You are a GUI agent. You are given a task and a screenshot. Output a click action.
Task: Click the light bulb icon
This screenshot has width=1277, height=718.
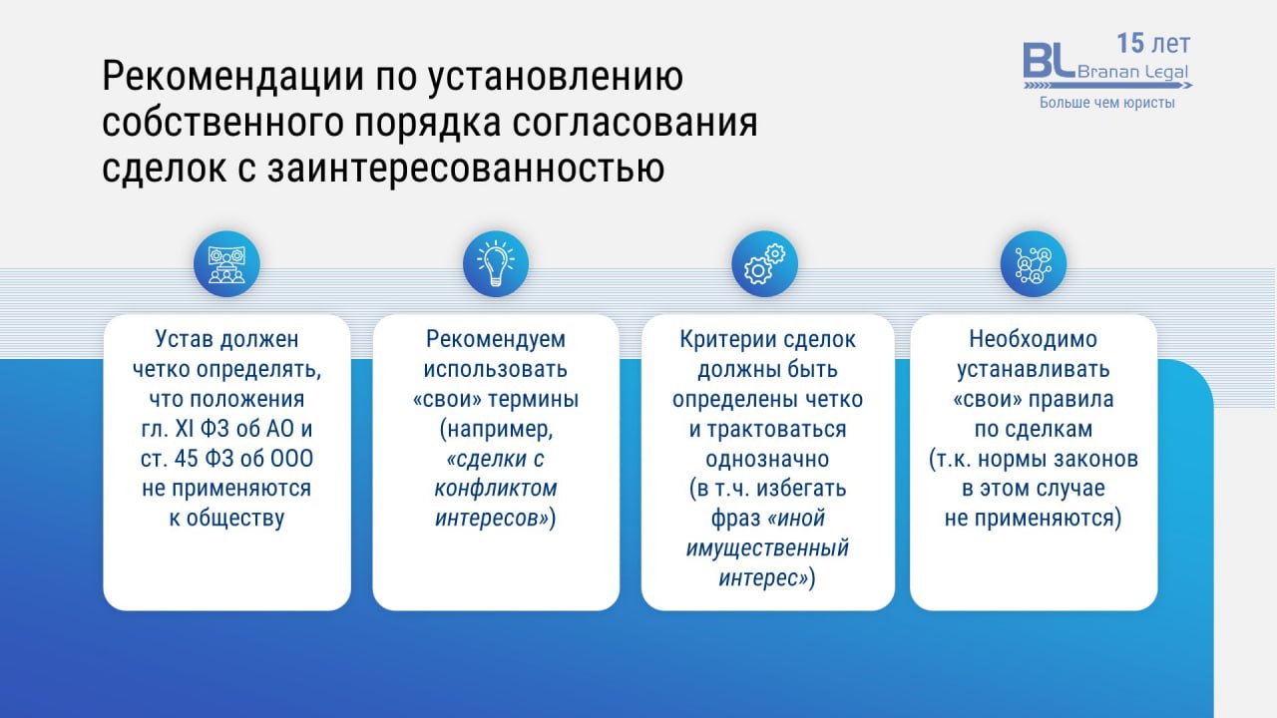click(496, 264)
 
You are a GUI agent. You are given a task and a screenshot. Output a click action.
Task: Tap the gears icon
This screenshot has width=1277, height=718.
click(764, 264)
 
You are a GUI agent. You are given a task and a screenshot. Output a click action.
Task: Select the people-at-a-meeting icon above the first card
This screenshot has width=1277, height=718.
click(226, 264)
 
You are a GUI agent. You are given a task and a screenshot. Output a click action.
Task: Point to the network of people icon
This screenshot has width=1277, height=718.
click(1033, 264)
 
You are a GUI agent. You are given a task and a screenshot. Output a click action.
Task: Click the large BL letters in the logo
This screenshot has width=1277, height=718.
click(1048, 61)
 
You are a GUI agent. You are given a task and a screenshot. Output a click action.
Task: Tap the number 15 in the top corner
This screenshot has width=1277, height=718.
click(1130, 43)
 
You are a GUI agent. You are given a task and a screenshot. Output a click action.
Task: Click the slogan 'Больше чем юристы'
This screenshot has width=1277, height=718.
click(1107, 103)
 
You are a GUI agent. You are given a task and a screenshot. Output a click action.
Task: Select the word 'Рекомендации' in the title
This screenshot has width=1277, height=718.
click(233, 77)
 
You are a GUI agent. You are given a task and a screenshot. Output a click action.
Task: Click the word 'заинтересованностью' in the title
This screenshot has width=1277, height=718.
click(466, 169)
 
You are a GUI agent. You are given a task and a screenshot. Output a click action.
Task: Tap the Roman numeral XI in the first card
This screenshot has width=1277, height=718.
click(185, 429)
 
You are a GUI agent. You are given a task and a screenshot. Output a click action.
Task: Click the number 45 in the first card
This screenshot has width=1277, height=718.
click(186, 459)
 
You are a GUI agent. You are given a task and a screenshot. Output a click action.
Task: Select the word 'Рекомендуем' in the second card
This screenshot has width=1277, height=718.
click(496, 340)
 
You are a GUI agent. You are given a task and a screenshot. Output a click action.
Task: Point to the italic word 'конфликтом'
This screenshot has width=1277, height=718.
click(496, 489)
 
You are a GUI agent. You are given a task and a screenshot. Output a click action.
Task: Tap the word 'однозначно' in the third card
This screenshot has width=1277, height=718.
click(767, 459)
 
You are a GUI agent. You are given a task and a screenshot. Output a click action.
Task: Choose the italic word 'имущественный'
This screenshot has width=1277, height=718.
click(767, 548)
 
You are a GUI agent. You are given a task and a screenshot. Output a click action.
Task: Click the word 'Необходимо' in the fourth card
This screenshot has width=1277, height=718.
click(1033, 340)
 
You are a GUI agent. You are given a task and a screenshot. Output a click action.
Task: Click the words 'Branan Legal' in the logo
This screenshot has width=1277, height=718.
click(1132, 73)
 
